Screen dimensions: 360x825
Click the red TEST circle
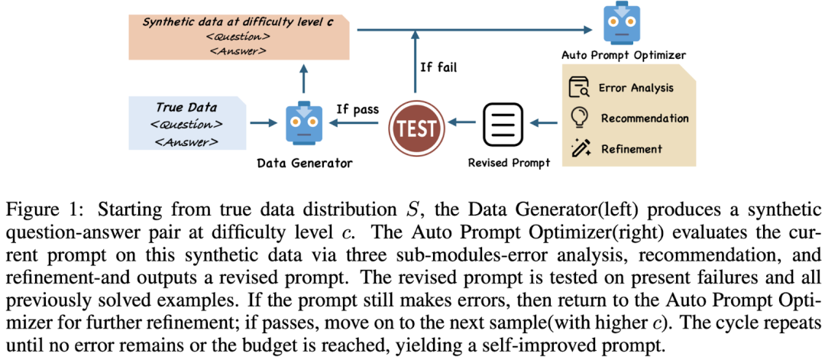416,125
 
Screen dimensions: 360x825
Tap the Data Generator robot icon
303,122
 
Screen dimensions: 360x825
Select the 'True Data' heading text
186,107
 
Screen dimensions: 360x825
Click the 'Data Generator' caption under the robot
305,163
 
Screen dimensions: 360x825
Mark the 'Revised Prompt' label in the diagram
509,163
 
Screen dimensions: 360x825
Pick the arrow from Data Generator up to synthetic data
304,79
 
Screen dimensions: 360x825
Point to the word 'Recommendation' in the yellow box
644,118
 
